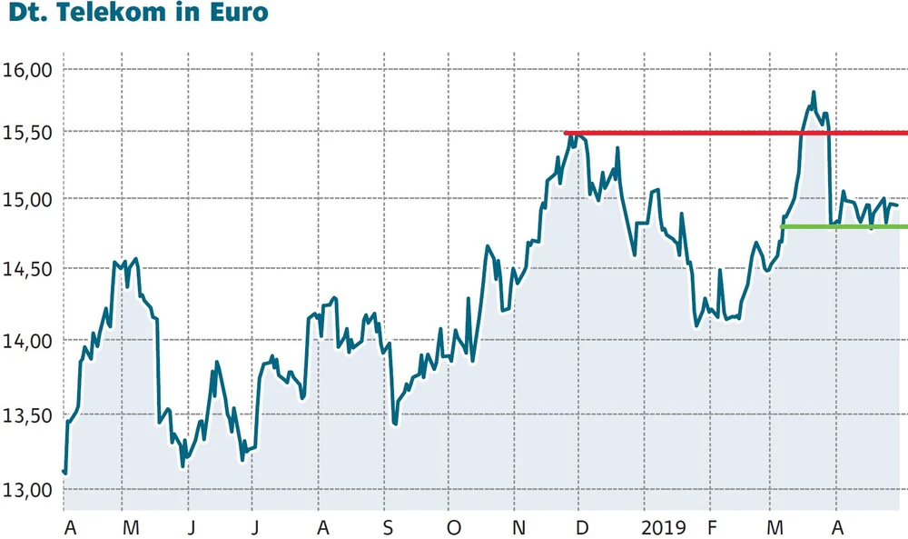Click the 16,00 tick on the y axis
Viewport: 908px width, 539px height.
(x=30, y=69)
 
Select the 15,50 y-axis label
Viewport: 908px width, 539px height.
(x=30, y=133)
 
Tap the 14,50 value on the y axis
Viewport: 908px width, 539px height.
(x=30, y=270)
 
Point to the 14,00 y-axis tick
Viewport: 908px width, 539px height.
(x=30, y=341)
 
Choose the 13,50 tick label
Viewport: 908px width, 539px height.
(x=30, y=416)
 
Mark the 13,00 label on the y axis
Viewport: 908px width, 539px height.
(x=30, y=491)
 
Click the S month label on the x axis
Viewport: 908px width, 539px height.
(x=389, y=527)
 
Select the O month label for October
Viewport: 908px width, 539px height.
(x=453, y=527)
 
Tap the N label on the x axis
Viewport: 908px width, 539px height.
(x=518, y=527)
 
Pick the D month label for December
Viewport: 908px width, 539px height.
(x=582, y=527)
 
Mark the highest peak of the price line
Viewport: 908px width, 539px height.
(x=813, y=92)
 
